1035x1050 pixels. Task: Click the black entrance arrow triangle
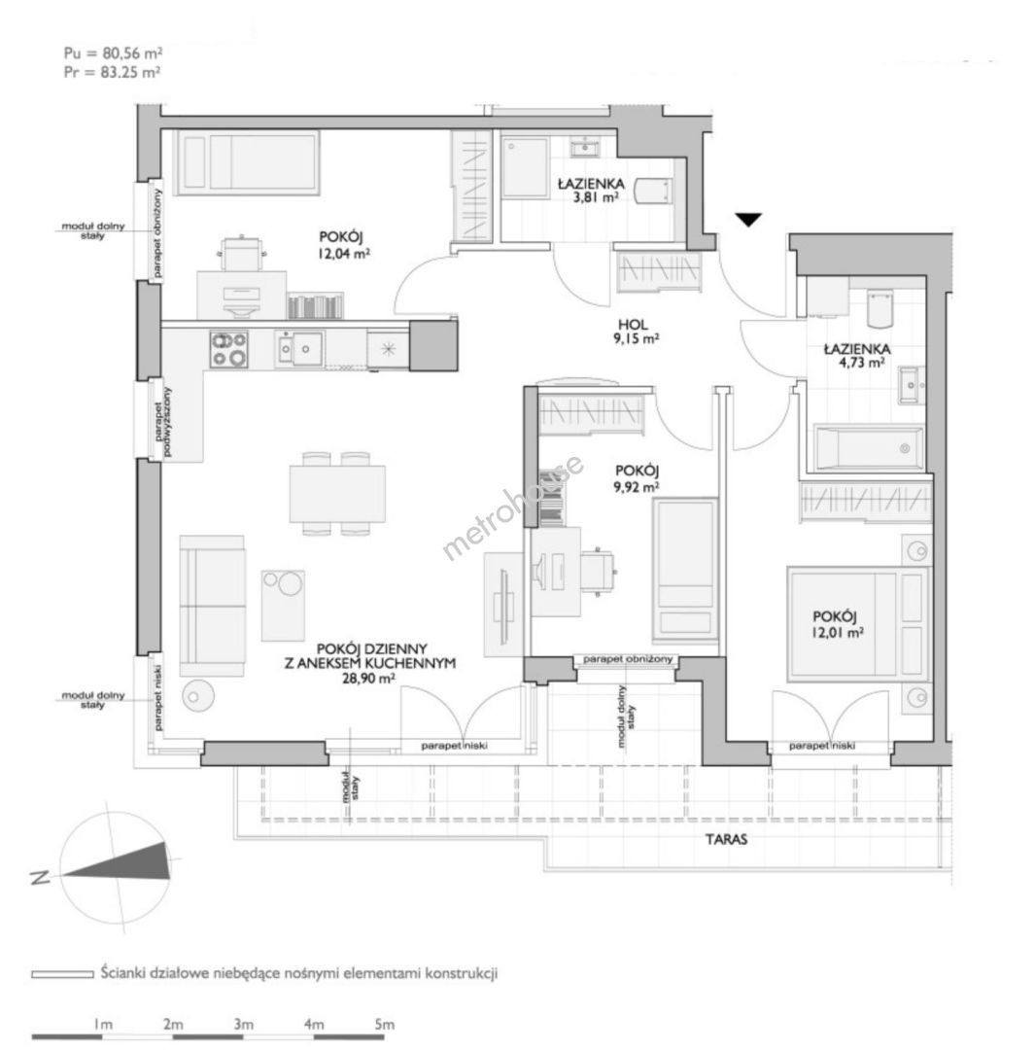(x=748, y=220)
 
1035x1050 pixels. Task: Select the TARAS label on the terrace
(x=726, y=839)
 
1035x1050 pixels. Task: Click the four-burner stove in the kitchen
(x=229, y=349)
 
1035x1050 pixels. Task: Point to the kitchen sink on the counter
(x=299, y=348)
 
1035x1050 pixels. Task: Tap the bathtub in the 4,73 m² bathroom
(x=868, y=448)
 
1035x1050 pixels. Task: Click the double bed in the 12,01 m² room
(x=859, y=624)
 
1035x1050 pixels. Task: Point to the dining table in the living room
(x=337, y=494)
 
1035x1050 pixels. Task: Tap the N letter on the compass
(x=40, y=877)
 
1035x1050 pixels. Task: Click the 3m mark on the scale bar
(x=244, y=1024)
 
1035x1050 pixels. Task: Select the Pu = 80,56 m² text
(x=113, y=52)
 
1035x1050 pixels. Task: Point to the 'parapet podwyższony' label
(x=162, y=423)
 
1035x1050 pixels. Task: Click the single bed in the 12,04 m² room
(x=247, y=162)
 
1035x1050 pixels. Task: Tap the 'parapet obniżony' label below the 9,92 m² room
(x=627, y=659)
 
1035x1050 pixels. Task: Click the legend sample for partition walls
(x=62, y=974)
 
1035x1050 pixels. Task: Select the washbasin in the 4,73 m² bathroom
(x=911, y=385)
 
